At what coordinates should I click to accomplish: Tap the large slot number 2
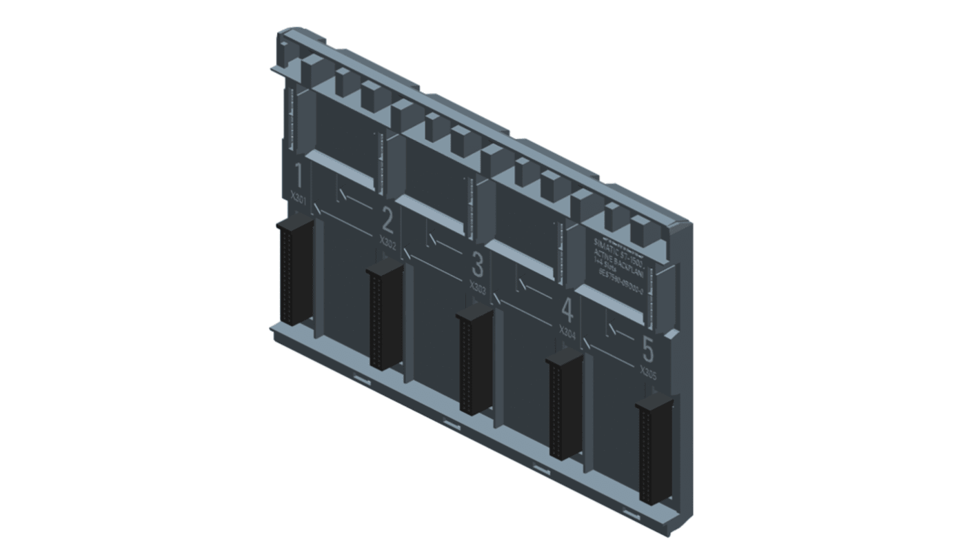(x=387, y=221)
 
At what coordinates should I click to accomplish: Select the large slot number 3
(x=477, y=265)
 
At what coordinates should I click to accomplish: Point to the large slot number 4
(x=567, y=310)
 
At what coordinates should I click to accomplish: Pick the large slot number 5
(x=647, y=350)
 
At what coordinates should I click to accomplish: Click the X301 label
(x=299, y=199)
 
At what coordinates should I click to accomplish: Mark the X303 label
(x=478, y=287)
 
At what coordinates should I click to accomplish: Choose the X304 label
(x=567, y=332)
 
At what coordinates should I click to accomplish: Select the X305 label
(x=648, y=373)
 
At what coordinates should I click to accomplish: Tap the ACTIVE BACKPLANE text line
(x=618, y=265)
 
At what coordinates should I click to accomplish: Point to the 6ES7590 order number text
(x=618, y=285)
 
